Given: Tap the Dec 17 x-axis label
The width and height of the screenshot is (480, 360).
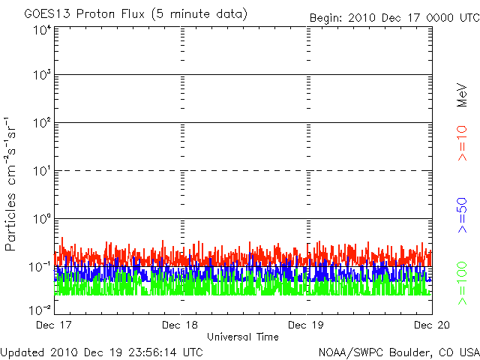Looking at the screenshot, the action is [53, 325].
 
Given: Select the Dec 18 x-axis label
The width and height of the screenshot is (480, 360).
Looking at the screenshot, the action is [180, 325].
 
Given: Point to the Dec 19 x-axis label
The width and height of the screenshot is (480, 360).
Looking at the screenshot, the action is [306, 325].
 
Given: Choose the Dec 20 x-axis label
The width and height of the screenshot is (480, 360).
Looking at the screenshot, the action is [432, 325].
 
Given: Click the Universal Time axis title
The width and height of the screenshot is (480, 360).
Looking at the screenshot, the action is [243, 337].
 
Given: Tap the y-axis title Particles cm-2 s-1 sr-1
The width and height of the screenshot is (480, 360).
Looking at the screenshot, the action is [10, 184].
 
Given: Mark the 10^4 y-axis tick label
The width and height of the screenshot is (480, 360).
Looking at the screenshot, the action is [43, 31].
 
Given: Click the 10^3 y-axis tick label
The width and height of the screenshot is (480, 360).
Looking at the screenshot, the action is [43, 75].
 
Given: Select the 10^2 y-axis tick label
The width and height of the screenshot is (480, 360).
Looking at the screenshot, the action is [43, 123].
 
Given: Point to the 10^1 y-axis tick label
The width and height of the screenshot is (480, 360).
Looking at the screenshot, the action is [43, 171].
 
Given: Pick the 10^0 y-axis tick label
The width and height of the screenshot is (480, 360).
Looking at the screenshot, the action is [43, 219].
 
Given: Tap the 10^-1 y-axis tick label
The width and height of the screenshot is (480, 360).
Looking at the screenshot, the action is [40, 267].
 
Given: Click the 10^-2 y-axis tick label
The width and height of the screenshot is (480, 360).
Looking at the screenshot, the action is [40, 310].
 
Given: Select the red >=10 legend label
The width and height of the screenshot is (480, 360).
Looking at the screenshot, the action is [462, 143].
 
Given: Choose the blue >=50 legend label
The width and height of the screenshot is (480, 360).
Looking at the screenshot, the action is [462, 215].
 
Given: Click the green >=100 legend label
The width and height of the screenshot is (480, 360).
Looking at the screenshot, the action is [462, 283].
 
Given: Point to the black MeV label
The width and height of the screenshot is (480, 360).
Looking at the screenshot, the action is [462, 95].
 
